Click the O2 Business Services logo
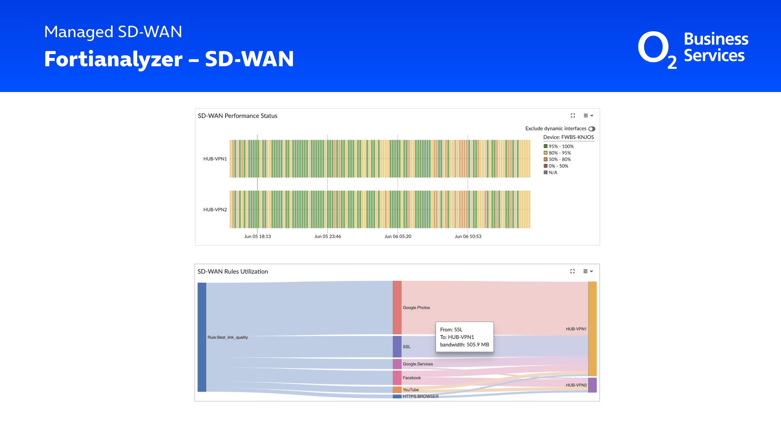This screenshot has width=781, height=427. [693, 50]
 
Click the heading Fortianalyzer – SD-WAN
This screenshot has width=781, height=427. [169, 59]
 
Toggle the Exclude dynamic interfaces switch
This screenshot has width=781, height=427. [592, 129]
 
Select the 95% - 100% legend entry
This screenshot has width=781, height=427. [558, 146]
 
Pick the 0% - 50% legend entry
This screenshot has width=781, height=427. [556, 166]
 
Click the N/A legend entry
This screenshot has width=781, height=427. [550, 172]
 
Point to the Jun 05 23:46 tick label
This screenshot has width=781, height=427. [327, 236]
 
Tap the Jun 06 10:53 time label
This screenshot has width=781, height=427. [468, 236]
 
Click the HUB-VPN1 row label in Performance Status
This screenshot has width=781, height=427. [215, 159]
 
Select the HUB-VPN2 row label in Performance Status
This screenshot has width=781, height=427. [215, 209]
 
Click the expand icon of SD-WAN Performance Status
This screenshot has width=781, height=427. [573, 116]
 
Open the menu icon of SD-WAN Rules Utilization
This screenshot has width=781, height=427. [588, 271]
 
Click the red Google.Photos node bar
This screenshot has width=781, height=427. [397, 307]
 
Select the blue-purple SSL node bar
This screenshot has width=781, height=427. [397, 346]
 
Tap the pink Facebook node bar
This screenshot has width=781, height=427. [397, 378]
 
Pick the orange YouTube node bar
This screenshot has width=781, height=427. [397, 389]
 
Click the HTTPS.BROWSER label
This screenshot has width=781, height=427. [420, 396]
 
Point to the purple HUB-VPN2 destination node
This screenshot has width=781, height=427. [592, 385]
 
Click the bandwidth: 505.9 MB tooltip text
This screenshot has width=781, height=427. [465, 345]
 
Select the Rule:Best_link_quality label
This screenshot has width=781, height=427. [228, 337]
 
